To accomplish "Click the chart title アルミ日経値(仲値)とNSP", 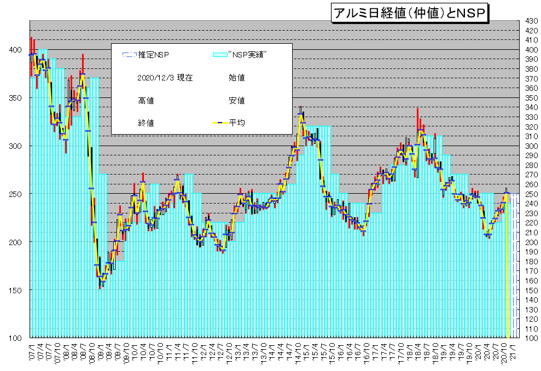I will [409, 13].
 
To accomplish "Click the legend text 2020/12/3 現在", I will [165, 78].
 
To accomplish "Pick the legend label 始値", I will [236, 78].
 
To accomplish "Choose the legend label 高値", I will [146, 101].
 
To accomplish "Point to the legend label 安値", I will [236, 101].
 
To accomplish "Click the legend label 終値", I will [146, 123].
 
